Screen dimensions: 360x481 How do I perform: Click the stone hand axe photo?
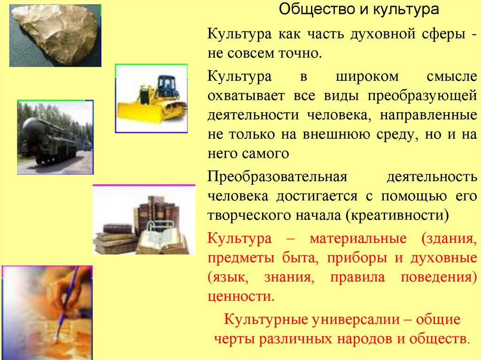click(x=55, y=35)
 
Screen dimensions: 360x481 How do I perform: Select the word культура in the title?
click(x=401, y=9)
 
